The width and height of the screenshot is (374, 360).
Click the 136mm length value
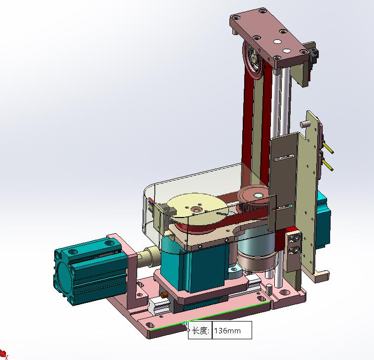pos(227,331)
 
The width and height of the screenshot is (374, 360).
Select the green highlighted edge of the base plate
pos(210,316)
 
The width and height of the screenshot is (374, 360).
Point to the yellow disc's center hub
pos(197,210)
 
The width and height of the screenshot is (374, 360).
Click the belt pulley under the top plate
pos(252,60)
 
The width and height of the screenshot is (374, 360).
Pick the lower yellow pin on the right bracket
pos(328,165)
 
